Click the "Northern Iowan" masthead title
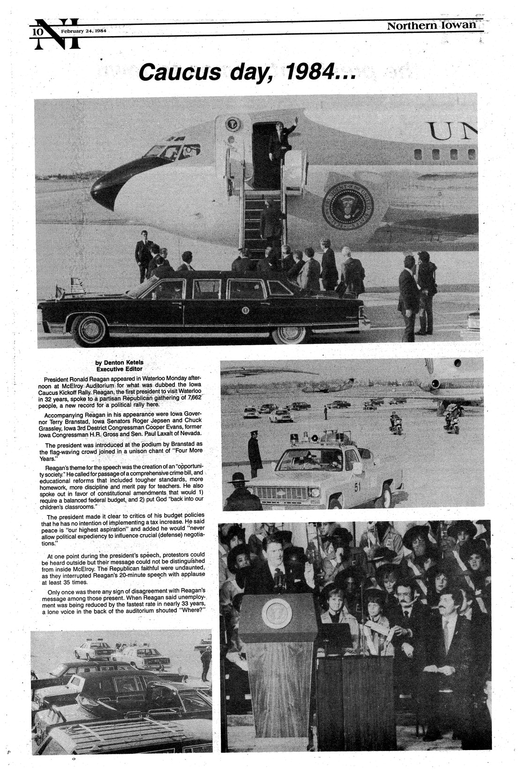tap(431, 26)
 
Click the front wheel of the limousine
tap(89, 330)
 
